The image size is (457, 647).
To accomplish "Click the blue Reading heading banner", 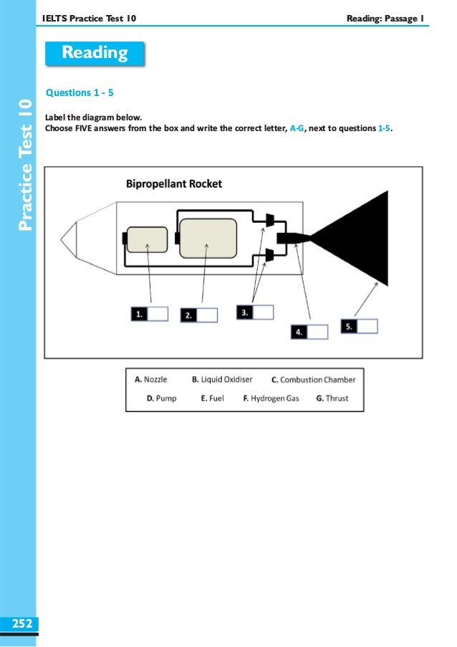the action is pos(95,53).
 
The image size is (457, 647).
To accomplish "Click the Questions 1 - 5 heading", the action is pos(80,92).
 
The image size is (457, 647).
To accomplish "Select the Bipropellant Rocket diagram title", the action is pos(174,183).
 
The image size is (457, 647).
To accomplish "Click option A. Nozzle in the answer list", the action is pos(151,379).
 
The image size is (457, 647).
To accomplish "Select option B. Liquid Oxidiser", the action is pos(222,379).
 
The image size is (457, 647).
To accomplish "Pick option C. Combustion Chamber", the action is pos(313,380).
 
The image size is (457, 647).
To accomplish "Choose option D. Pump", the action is pos(161,398).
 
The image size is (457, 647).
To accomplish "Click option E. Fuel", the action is pos(213,398).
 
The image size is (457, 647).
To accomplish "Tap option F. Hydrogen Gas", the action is pos(271,398).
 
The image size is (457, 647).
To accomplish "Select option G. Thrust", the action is pos(332,398).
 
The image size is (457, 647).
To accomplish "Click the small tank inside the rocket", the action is pos(146,240).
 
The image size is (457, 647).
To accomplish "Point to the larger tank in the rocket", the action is pos(208,238).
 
